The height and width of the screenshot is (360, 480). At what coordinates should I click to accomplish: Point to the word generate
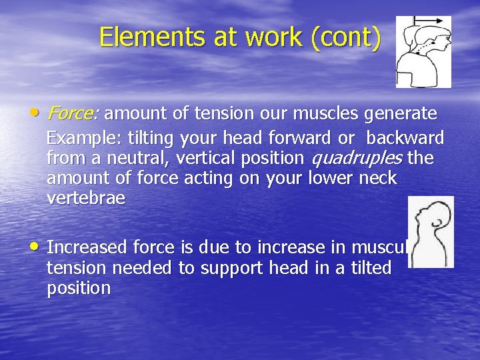(400, 113)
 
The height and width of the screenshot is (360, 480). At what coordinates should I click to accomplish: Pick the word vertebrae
(86, 199)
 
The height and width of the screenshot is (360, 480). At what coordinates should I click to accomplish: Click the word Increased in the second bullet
(87, 247)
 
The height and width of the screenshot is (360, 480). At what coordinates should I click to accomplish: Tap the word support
(232, 268)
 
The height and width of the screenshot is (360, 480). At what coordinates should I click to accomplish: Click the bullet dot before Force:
(34, 112)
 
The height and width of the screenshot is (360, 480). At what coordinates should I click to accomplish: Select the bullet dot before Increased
(34, 246)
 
